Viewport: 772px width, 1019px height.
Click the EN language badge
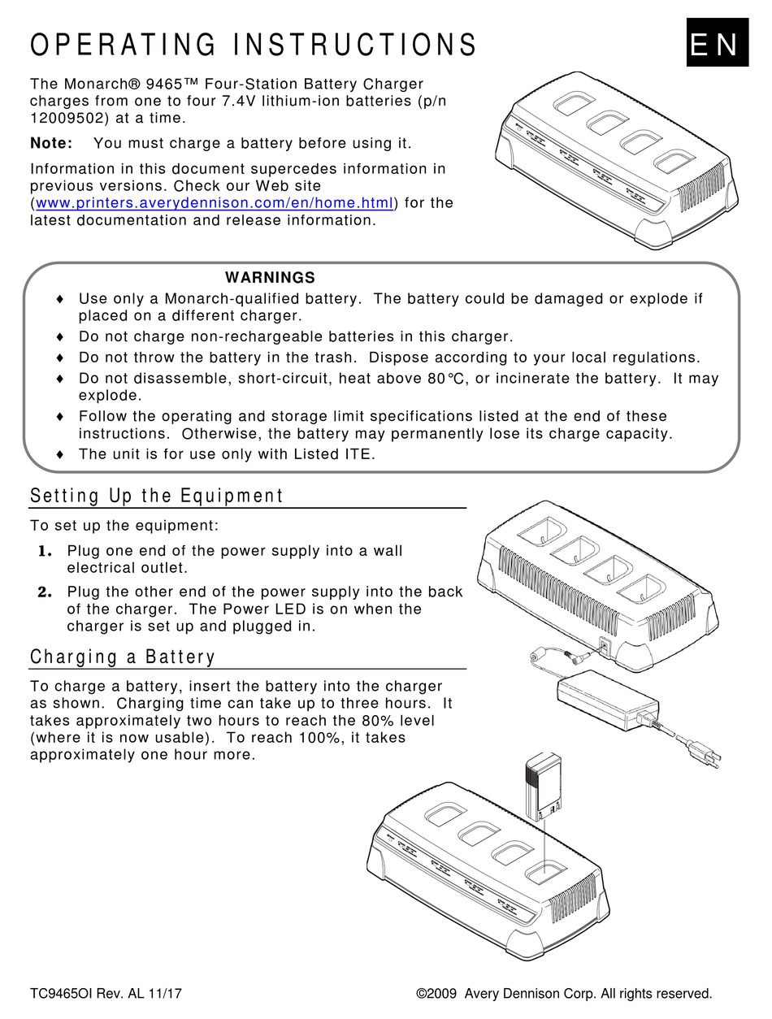click(x=714, y=45)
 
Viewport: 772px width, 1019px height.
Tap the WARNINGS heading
click(x=270, y=278)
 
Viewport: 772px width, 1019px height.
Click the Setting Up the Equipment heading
click(x=157, y=496)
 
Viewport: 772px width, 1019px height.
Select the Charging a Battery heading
click(x=123, y=657)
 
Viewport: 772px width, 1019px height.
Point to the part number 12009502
click(x=65, y=118)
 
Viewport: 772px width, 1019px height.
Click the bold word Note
click(x=50, y=144)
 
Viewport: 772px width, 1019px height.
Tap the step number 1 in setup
click(x=46, y=552)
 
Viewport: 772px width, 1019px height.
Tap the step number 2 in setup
click(x=46, y=592)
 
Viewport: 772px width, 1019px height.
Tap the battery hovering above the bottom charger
click(x=543, y=789)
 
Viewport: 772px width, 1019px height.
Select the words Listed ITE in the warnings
click(x=332, y=455)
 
